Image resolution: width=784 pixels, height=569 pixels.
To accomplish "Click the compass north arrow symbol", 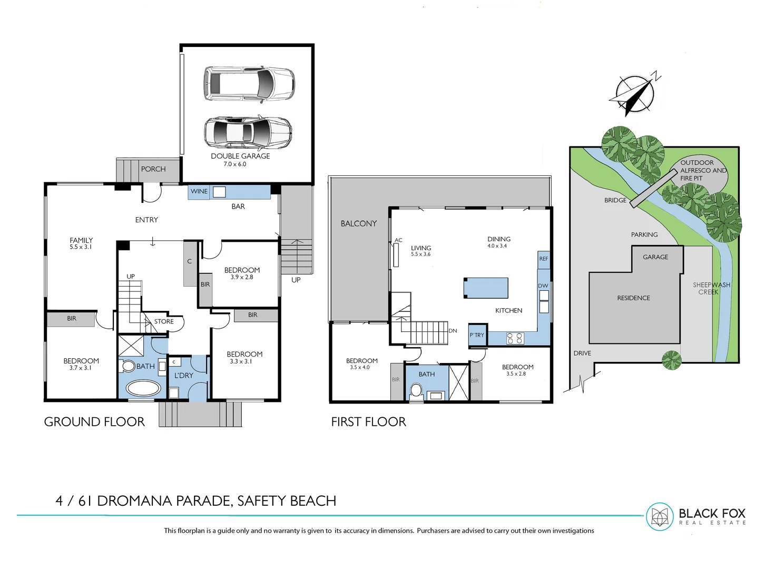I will [635, 95].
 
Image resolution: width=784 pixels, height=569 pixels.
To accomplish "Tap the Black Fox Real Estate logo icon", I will [660, 516].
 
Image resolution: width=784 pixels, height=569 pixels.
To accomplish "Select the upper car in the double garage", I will [249, 83].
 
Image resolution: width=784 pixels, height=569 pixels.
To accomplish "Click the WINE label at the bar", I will [199, 191].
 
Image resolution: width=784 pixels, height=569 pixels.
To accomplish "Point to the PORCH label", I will [153, 169].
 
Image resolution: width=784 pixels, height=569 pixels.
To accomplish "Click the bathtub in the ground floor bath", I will [143, 389].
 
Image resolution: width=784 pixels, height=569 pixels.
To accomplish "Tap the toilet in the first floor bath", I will [416, 390].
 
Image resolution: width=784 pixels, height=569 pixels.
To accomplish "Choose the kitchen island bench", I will [485, 288].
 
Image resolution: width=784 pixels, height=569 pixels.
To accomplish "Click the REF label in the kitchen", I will [544, 259].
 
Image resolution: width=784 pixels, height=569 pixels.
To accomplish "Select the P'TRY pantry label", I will [477, 335].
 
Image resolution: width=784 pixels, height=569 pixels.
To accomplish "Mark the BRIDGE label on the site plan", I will [615, 200].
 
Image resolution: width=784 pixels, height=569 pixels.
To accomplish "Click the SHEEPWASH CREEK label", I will [711, 288].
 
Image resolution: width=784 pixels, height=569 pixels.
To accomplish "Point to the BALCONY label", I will [359, 223].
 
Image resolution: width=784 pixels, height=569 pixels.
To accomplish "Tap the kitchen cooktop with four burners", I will [514, 338].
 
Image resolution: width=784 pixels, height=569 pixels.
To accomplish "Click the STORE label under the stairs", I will [164, 321].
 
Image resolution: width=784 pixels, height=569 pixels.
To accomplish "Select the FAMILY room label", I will [81, 240].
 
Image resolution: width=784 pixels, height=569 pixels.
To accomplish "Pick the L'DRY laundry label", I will [183, 375].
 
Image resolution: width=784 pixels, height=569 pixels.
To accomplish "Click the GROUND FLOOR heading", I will [94, 421].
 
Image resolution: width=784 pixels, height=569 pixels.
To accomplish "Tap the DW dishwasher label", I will [543, 286].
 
